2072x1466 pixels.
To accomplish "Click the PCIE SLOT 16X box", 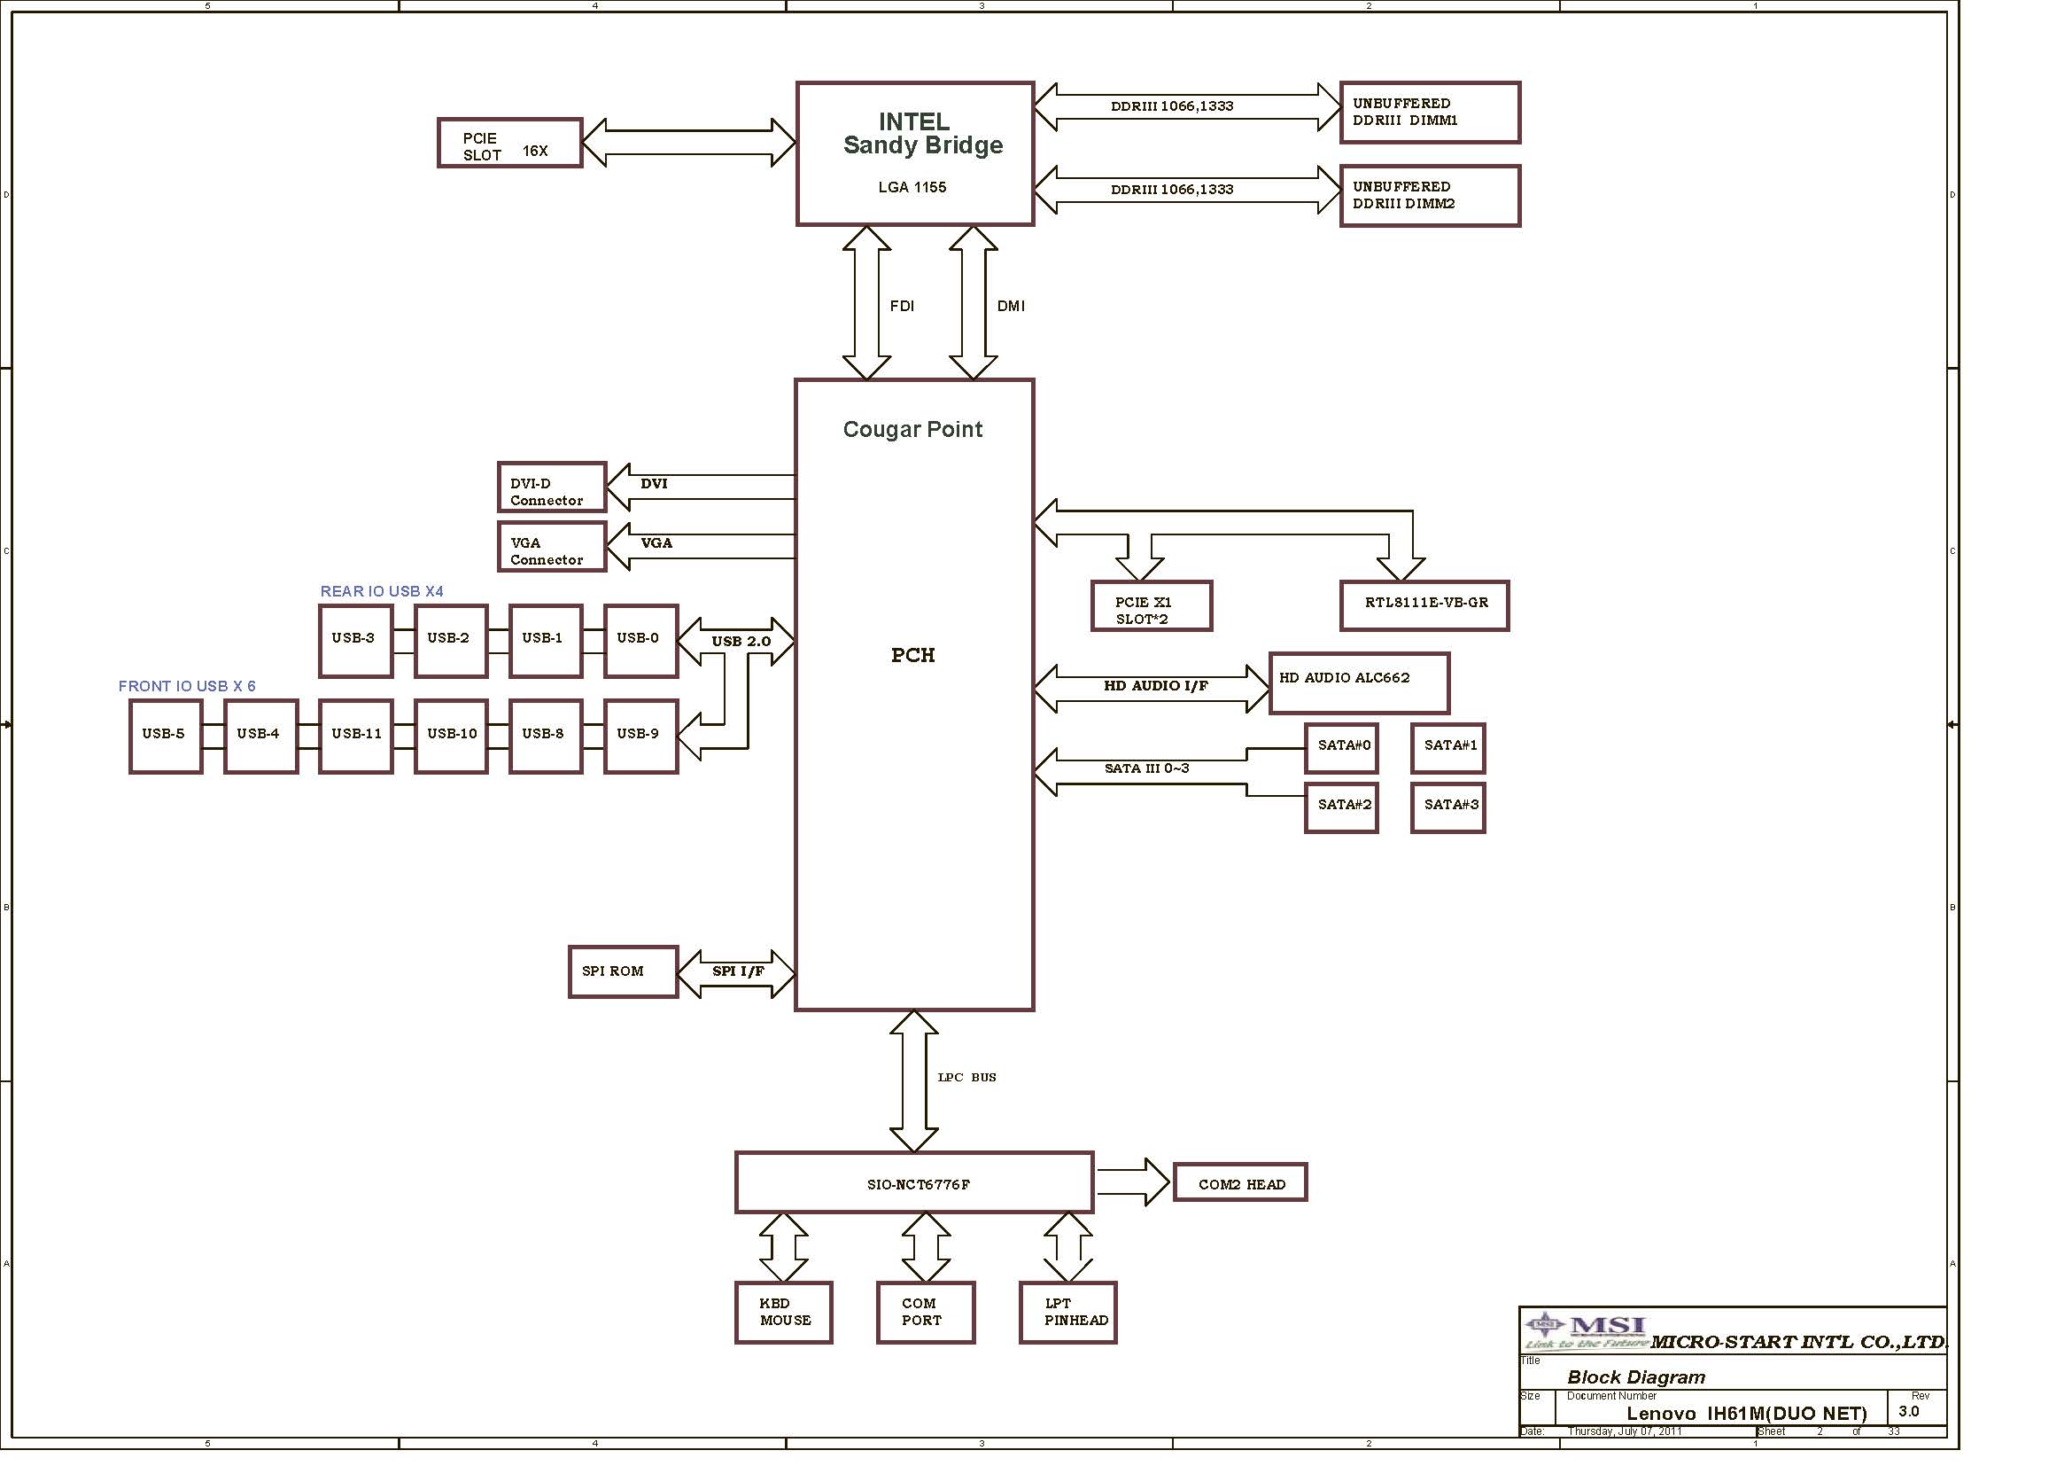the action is (510, 143).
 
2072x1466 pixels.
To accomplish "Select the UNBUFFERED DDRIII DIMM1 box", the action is (1431, 112).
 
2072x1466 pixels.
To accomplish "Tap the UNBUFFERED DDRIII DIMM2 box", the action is (1431, 196).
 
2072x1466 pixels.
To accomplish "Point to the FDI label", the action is (902, 306).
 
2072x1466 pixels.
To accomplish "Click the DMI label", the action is (1011, 306).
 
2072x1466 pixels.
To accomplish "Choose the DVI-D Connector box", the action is (552, 487).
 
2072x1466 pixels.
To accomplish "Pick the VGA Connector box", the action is (552, 547).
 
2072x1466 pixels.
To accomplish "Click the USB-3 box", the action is (355, 641).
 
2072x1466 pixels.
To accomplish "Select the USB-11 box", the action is (355, 737).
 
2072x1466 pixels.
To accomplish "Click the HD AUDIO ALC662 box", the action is (1359, 683).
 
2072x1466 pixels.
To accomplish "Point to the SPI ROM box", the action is (623, 972).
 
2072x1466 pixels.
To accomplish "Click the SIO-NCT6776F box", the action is (914, 1182).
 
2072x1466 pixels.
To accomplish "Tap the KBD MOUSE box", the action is (783, 1313).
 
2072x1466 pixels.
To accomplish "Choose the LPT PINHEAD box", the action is (1068, 1313).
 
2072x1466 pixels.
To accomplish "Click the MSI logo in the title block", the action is (1587, 1330).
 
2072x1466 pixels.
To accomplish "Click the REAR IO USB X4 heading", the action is (382, 591).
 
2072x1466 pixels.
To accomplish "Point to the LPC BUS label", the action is (966, 1077).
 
